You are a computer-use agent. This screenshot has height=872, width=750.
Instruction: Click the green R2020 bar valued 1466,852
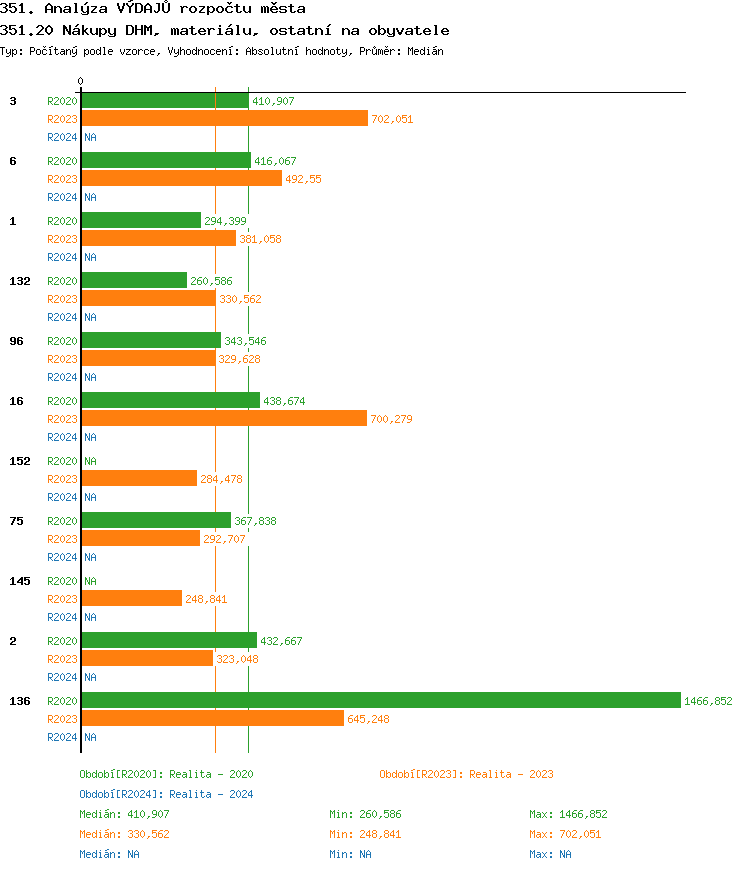[380, 700]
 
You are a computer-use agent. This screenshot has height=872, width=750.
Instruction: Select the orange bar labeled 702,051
[224, 118]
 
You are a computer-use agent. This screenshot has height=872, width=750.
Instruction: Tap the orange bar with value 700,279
[224, 418]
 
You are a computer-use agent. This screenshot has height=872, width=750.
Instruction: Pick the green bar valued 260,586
[134, 280]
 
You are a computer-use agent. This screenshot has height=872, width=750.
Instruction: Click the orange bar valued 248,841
[131, 598]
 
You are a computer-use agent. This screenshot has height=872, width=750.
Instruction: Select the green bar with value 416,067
[166, 160]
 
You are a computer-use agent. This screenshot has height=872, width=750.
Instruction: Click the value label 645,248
[368, 719]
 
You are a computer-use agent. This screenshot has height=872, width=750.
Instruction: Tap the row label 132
[20, 281]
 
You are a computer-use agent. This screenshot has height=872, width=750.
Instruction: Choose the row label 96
[16, 341]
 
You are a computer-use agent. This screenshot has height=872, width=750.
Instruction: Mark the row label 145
[20, 581]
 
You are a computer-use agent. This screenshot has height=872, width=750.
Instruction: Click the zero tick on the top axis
[81, 82]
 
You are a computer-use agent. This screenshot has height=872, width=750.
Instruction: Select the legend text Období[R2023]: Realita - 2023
[466, 774]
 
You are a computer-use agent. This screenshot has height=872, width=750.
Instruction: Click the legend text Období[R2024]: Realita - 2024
[166, 794]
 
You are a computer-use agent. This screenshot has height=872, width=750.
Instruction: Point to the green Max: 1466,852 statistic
[568, 814]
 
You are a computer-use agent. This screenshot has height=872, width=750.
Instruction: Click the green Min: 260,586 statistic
[365, 814]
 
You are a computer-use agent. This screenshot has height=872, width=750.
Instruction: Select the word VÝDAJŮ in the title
[154, 9]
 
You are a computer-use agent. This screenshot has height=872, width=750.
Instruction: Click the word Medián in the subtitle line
[425, 50]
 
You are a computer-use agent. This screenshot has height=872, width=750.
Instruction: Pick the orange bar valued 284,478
[139, 478]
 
